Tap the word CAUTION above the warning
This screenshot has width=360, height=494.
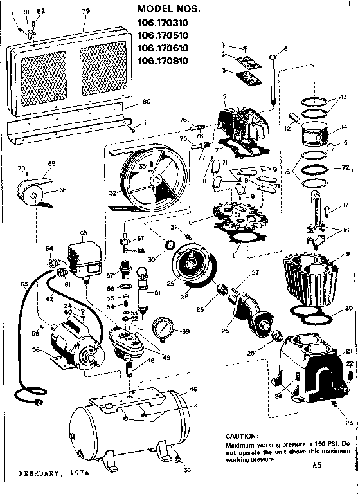click(x=241, y=435)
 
